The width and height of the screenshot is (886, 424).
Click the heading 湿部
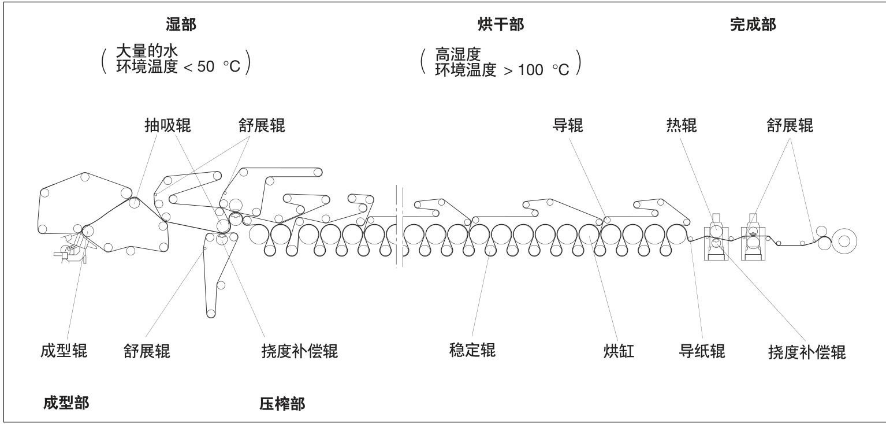(181, 24)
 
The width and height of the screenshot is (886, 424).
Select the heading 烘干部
(501, 24)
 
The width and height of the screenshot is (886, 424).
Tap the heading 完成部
(753, 24)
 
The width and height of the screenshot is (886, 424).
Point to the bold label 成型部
(66, 403)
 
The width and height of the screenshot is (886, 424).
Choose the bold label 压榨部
(282, 404)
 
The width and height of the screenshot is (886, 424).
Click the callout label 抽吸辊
(167, 125)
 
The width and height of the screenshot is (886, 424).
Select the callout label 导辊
(568, 125)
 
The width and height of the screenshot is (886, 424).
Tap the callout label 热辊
(682, 125)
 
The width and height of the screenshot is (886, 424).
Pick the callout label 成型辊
(64, 351)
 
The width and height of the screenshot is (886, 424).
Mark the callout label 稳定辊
(472, 350)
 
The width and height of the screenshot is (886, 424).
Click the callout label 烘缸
(619, 351)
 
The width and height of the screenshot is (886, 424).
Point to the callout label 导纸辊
(702, 351)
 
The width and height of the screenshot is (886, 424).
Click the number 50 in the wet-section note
(206, 66)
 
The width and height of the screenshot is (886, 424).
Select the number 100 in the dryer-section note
(531, 70)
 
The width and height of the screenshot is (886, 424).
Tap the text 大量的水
(147, 51)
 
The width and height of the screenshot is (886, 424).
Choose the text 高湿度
(458, 54)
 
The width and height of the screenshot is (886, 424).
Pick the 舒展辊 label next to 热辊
(790, 125)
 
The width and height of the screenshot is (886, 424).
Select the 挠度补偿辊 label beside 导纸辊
(807, 352)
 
